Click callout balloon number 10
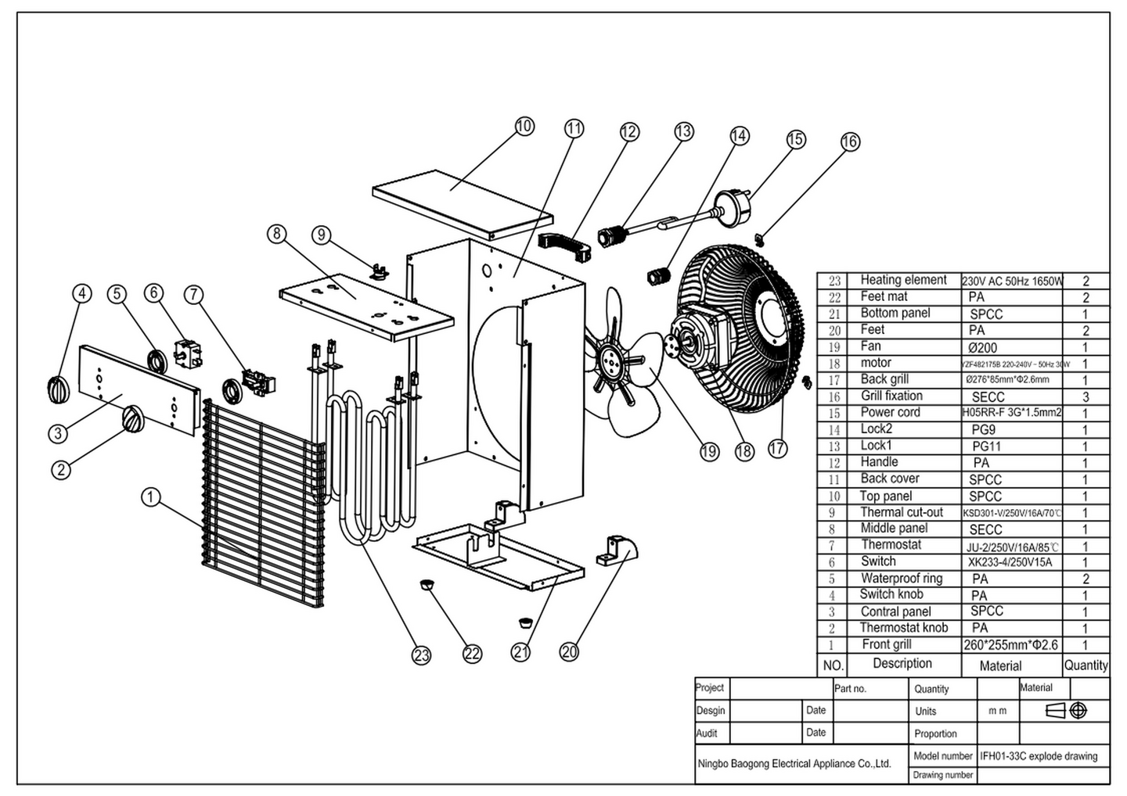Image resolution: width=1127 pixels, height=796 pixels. pos(524,126)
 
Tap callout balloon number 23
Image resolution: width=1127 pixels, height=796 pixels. pos(421,655)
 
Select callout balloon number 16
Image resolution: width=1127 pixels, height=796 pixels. pos(849,142)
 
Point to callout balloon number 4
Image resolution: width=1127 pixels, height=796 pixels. pos(81,293)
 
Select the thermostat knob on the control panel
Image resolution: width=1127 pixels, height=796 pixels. pos(133,419)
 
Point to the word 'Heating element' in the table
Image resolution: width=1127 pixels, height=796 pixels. pos(903,280)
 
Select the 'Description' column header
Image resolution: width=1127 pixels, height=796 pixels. pos(902,664)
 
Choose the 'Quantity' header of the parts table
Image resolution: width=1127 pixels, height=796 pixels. pos(1086,665)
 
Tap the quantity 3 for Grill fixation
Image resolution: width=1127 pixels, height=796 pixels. pos(1086,396)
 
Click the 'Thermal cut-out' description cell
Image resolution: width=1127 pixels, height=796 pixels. pos(902,513)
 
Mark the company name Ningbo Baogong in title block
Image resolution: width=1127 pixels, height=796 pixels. pos(794,763)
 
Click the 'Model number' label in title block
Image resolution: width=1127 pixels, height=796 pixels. pos(942,756)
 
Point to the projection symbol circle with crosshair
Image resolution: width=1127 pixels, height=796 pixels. pos(1078,711)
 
